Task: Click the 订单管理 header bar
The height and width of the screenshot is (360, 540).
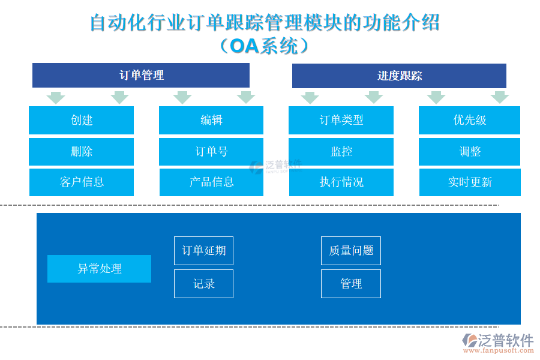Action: (x=141, y=76)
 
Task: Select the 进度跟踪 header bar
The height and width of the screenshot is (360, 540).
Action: (x=399, y=76)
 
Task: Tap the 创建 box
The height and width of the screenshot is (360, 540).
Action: (x=81, y=120)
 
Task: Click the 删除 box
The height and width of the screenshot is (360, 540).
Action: (x=81, y=152)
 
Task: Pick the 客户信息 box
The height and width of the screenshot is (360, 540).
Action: (x=82, y=182)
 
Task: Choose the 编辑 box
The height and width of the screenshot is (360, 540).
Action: (x=211, y=120)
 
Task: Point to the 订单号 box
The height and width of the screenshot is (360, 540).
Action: (x=211, y=152)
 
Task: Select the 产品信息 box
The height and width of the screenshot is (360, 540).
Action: (x=211, y=182)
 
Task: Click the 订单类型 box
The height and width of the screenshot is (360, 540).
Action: (x=341, y=120)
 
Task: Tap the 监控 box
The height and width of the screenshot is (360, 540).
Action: (x=341, y=152)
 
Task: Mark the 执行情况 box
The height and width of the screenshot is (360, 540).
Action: (x=341, y=182)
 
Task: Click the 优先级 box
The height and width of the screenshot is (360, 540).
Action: (x=469, y=120)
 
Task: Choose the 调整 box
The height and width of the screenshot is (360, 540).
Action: (x=469, y=152)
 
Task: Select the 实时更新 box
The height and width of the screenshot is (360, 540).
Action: (x=469, y=182)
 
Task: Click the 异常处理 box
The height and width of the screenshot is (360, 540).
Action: (x=99, y=269)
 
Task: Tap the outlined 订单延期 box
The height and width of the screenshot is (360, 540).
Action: (x=203, y=251)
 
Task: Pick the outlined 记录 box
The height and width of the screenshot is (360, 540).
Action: (x=203, y=284)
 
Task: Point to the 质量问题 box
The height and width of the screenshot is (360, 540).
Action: (x=351, y=251)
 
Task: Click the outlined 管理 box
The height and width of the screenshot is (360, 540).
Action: (x=351, y=284)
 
